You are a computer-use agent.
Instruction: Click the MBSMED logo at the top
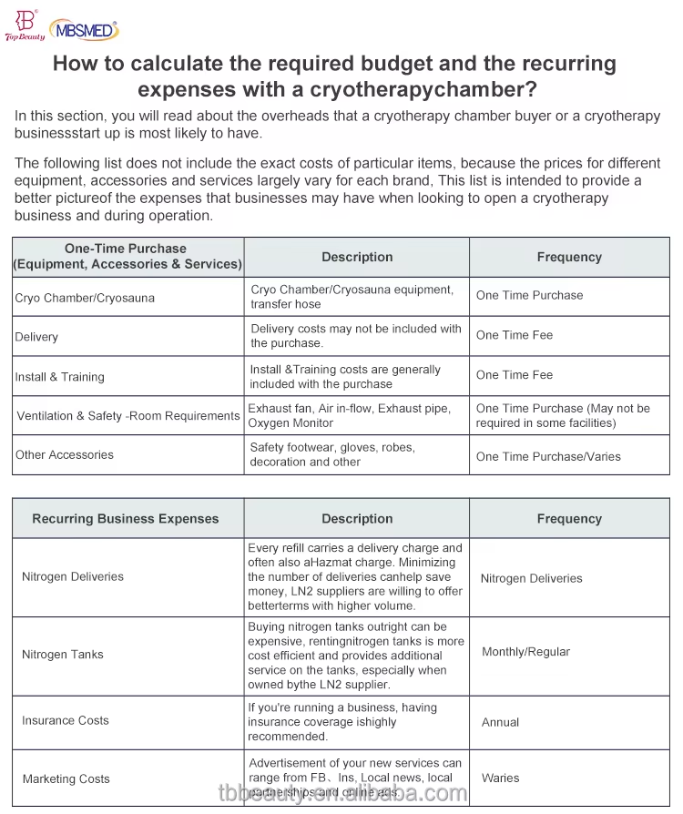(x=85, y=30)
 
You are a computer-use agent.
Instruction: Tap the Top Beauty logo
(x=24, y=25)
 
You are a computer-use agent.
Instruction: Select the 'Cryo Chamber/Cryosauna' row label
(x=85, y=298)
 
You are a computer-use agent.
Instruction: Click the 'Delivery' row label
(x=36, y=337)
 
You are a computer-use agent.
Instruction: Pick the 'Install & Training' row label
(x=59, y=377)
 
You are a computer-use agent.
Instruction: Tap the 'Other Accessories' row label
(x=65, y=454)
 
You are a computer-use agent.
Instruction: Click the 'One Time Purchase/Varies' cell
(x=548, y=456)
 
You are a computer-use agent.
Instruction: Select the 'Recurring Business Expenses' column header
(x=126, y=519)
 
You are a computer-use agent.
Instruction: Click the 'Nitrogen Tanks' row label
(x=63, y=655)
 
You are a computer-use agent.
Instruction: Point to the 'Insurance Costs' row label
(x=66, y=720)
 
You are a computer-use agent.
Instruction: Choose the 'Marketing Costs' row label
(x=66, y=778)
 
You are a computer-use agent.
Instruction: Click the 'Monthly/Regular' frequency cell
(x=525, y=652)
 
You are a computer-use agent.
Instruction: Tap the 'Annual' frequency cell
(x=501, y=722)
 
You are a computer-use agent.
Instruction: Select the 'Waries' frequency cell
(x=501, y=778)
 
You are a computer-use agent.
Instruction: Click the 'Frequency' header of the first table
(x=569, y=258)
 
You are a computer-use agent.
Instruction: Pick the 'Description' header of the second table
(x=357, y=519)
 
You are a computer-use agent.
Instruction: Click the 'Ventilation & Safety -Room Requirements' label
(x=128, y=416)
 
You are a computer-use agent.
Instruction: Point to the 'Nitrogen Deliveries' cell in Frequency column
(x=531, y=578)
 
